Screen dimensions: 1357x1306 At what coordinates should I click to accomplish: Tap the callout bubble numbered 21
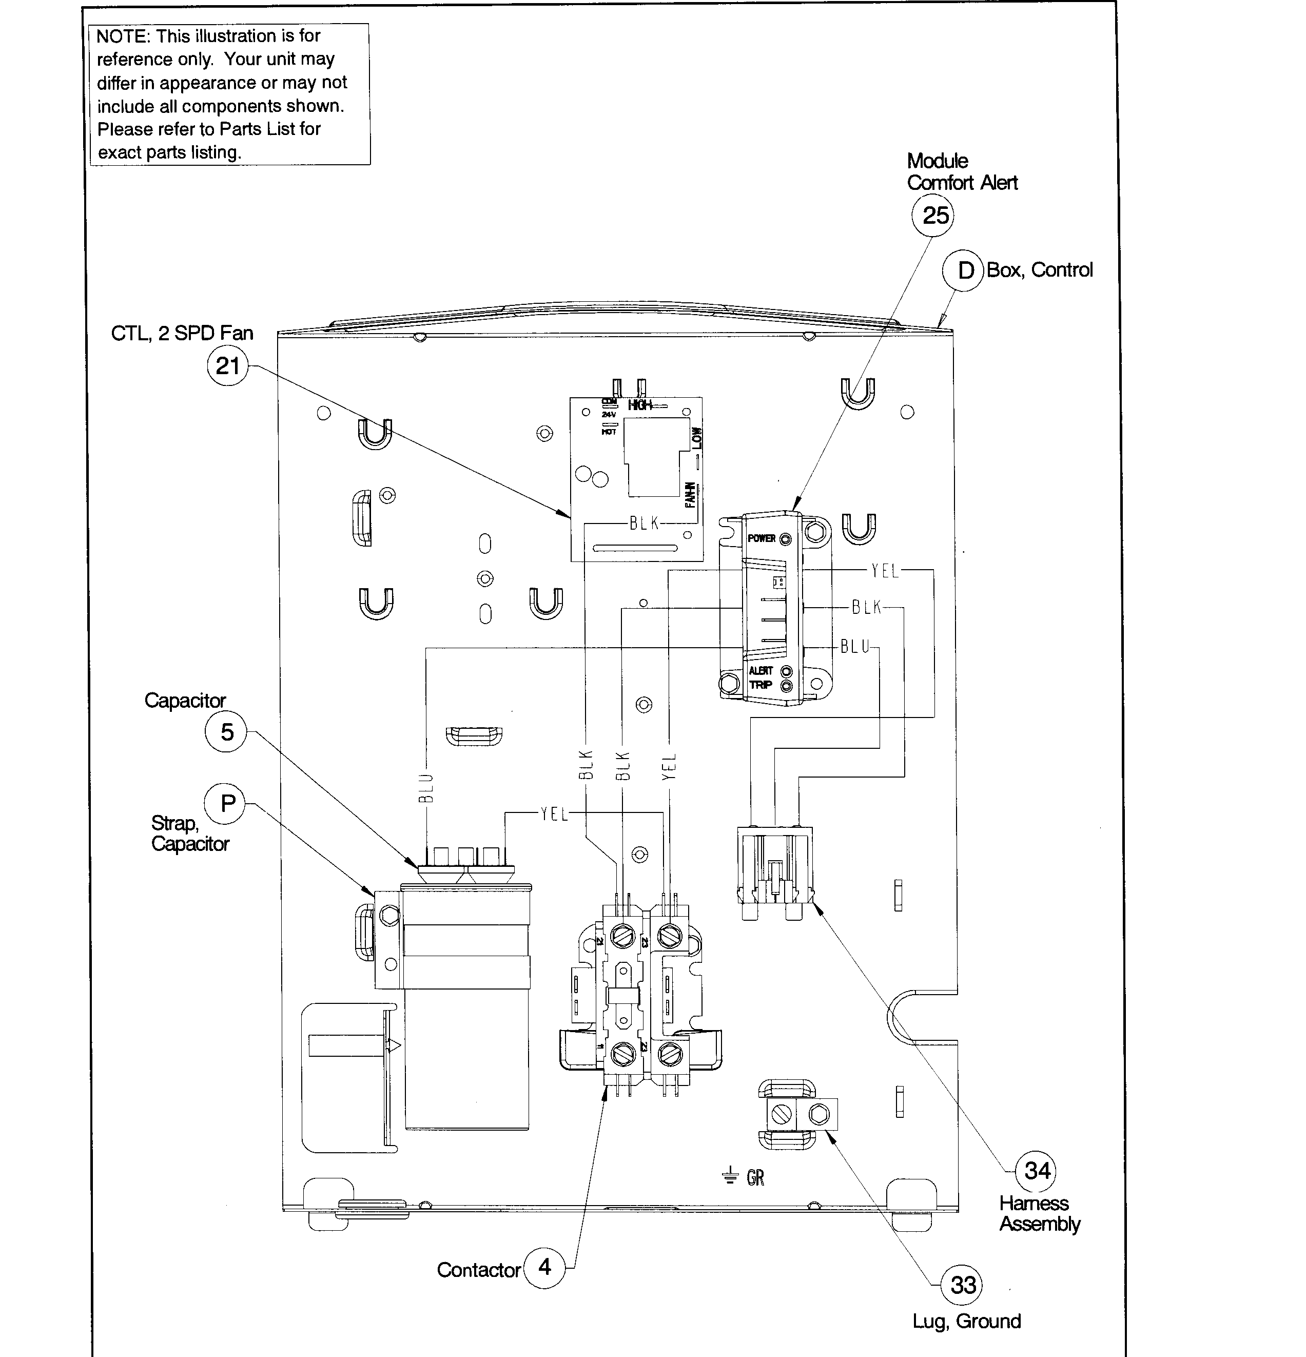coord(228,365)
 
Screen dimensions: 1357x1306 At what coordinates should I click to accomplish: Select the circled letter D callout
coord(964,270)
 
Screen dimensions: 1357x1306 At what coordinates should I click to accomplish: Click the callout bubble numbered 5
coord(226,732)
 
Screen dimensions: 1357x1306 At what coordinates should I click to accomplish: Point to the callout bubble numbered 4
coord(544,1267)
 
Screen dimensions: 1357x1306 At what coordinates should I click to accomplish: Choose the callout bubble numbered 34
coord(1036,1171)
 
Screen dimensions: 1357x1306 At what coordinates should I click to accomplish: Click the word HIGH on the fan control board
coord(639,405)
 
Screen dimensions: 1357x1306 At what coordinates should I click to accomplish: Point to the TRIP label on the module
coord(760,685)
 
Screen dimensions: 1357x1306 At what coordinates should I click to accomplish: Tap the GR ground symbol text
coord(754,1177)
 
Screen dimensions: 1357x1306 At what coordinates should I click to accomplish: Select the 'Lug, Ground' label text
coord(966,1321)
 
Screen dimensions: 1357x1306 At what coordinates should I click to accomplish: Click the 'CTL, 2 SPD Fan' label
coord(182,333)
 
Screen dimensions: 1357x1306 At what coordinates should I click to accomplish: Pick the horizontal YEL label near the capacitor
coord(554,814)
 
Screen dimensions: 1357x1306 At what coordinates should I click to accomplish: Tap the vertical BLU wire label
coord(426,788)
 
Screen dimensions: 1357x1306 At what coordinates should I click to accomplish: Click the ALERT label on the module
coord(761,670)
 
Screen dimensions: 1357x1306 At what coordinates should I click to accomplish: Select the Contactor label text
coord(478,1270)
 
